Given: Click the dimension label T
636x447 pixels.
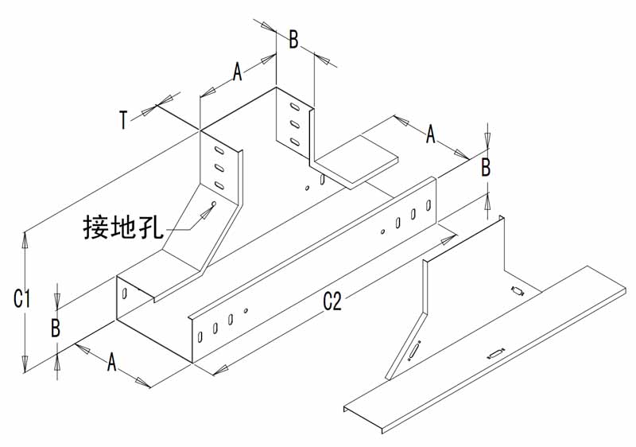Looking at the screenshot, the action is coord(124,120).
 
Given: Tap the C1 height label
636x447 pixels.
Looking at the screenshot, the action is coord(21,298).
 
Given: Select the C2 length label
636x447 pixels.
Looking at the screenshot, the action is coord(332,301).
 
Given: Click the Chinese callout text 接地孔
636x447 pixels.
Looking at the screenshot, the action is coord(123,227).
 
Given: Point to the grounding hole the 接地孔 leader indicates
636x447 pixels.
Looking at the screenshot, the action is coord(214,204).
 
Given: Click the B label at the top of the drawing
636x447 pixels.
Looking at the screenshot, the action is coord(293,40).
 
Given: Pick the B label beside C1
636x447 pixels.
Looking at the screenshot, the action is coord(56,328).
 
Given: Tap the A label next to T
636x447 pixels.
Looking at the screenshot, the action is coord(237,72).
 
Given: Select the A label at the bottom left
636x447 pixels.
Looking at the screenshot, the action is coord(111,362).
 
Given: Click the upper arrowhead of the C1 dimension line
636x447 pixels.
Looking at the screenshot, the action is coord(25,240).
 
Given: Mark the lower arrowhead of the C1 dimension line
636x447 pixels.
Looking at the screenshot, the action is coord(25,363).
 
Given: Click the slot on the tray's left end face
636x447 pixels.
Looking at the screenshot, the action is coord(125,293).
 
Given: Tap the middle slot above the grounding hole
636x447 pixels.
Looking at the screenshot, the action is coord(219,167).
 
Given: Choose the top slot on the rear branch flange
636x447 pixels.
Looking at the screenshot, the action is coord(295,107).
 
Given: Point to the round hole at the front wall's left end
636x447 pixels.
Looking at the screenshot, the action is coord(246,311).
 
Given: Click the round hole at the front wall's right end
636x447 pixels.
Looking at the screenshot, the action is coord(382,231).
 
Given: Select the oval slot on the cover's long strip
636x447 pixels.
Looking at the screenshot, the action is coord(495,354).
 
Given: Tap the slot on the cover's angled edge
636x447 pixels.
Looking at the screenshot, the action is coord(414,351).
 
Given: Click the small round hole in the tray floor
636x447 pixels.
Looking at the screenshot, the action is coord(307,188).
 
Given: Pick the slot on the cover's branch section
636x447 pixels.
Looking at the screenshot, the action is coord(518,291).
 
